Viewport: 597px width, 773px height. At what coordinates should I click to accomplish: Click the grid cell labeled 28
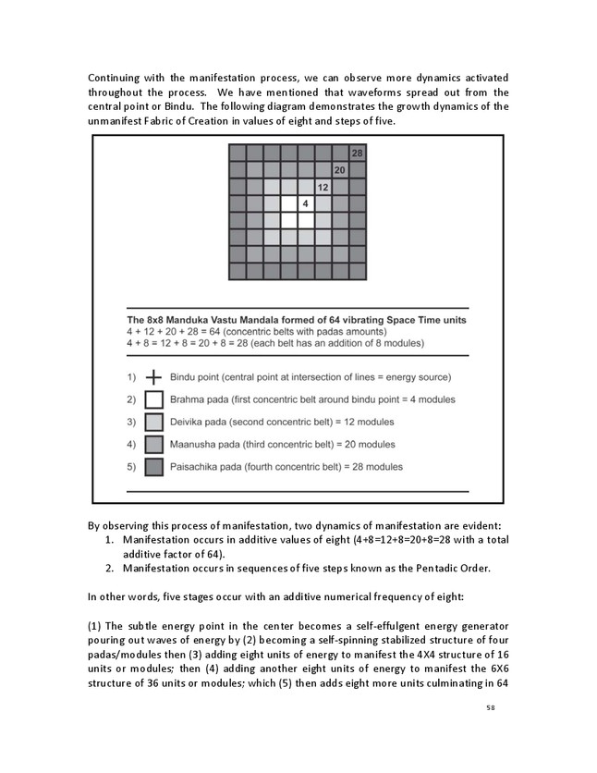(357, 153)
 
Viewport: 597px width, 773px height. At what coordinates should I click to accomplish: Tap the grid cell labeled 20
(339, 170)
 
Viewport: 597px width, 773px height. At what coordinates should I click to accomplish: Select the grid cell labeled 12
(323, 187)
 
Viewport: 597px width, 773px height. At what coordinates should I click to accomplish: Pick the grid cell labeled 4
(305, 203)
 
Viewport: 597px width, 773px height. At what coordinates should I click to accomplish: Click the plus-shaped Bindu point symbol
(153, 377)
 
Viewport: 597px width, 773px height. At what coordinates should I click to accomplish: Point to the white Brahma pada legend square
(153, 399)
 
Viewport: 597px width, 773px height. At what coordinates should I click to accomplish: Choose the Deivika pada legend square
(153, 422)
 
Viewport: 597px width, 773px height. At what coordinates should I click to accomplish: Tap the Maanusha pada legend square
(153, 444)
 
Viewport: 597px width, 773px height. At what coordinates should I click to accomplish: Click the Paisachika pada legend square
(153, 466)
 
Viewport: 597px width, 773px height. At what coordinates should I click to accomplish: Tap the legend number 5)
(130, 466)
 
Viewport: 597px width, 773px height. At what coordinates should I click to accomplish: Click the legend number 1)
(130, 377)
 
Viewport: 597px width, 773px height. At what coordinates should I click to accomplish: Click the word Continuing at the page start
(116, 76)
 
